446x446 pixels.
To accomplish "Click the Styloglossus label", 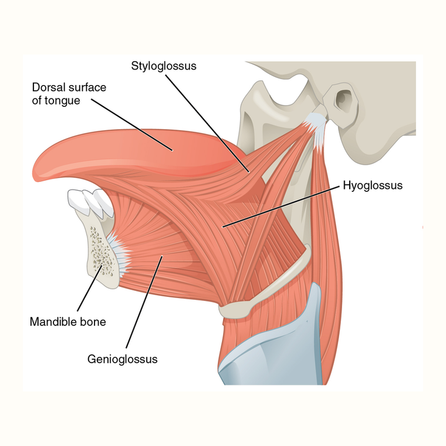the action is tap(164, 66).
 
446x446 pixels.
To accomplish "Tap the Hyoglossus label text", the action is tap(373, 185).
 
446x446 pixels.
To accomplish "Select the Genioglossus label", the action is tap(122, 359).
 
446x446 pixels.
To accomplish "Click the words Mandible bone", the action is tap(67, 322).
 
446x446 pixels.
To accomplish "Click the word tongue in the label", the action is tap(62, 101).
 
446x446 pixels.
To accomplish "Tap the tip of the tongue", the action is tap(33, 173).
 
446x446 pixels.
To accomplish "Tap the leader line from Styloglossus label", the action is tap(208, 124).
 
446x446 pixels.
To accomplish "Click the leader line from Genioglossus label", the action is tap(144, 302).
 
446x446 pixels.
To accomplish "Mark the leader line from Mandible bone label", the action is tap(90, 288).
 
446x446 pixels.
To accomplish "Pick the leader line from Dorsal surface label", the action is tap(132, 124).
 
